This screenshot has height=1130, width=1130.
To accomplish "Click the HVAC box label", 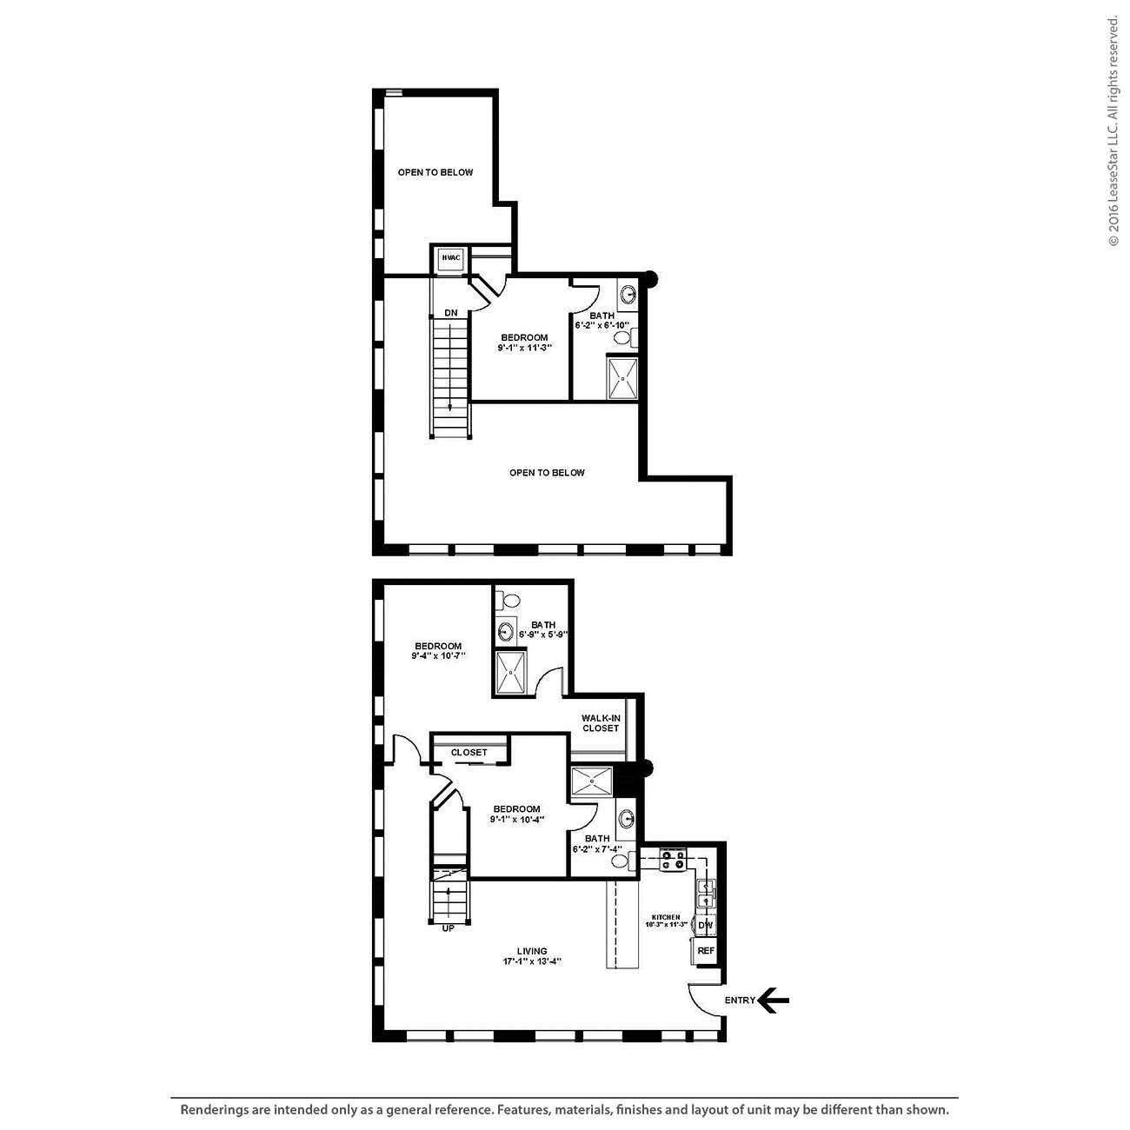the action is click(451, 258).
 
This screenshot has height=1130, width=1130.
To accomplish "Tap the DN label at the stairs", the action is click(450, 313).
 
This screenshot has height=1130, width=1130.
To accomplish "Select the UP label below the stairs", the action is click(448, 928).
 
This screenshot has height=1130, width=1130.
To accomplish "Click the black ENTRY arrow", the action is click(773, 1000).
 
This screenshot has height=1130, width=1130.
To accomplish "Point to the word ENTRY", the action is click(740, 1000).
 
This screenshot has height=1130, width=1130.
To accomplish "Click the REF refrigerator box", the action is click(706, 951).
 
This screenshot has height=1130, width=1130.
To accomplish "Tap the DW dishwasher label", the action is click(706, 926).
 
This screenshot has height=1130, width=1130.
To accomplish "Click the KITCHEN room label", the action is click(666, 917).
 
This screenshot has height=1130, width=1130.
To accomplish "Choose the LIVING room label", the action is click(532, 951).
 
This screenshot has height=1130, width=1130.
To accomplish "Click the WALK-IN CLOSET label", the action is click(601, 723).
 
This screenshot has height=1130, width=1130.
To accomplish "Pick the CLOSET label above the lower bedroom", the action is click(469, 753).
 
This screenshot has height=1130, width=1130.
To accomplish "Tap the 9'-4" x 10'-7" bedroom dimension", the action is click(439, 655).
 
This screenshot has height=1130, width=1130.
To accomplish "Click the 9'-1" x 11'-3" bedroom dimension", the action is click(524, 348).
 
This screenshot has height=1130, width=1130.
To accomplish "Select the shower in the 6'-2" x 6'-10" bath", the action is click(622, 378).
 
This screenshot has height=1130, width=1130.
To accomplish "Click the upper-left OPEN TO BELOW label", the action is click(435, 172).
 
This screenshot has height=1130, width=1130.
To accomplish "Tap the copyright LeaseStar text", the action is click(1113, 131).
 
